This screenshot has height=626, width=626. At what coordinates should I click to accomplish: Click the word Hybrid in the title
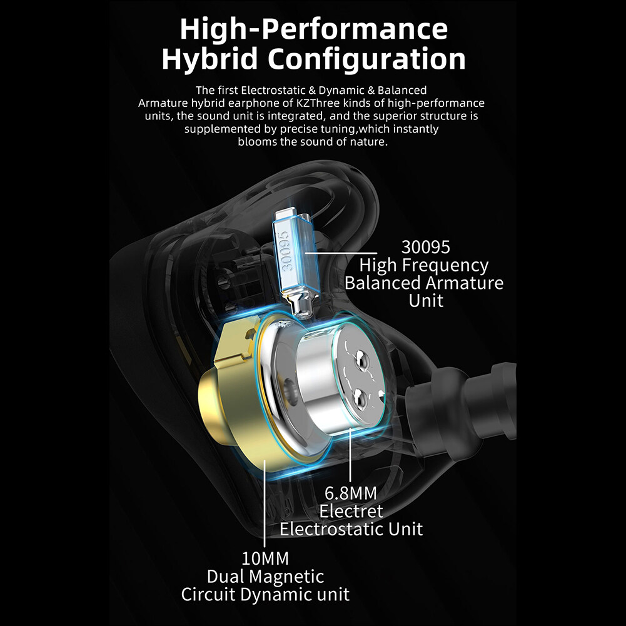coord(210,59)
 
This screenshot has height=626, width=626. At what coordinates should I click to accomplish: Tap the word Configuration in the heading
coord(366,59)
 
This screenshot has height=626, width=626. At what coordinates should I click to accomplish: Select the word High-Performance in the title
coord(314,29)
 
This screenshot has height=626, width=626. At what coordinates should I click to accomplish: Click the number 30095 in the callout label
coord(426,247)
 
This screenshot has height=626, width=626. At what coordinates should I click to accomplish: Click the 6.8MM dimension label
coord(351,493)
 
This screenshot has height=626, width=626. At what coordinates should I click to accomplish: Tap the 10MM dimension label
coord(265,558)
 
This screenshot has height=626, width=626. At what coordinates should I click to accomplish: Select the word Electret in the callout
coord(351,511)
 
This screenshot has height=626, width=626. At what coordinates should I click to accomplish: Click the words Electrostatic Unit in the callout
coord(351,529)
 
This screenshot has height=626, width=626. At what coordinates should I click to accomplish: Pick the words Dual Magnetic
coord(266,577)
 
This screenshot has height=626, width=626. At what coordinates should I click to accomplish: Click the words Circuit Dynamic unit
coord(266,595)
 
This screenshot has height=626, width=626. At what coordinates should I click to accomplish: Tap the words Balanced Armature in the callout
coord(424,283)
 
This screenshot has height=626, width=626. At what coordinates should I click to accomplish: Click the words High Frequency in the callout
coord(424,266)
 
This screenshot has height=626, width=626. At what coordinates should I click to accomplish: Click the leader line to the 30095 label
coord(341,253)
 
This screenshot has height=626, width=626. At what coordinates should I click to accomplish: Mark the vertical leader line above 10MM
coord(265,503)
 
